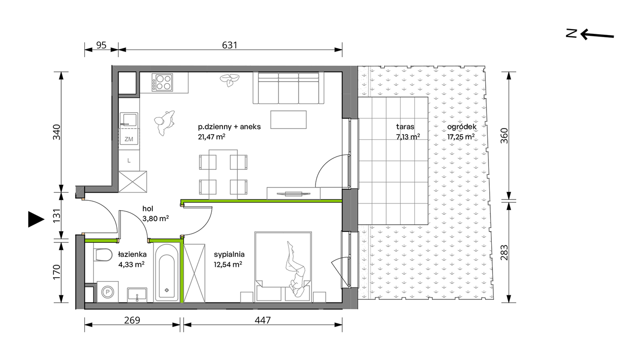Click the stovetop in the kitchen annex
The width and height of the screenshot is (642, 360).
pyautogui.click(x=162, y=82)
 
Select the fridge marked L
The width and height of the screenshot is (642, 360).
pyautogui.click(x=129, y=160)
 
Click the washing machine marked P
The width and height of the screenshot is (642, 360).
pyautogui.click(x=108, y=291)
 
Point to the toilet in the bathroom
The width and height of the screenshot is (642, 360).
pyautogui.click(x=103, y=255)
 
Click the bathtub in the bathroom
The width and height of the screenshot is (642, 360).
pyautogui.click(x=167, y=272)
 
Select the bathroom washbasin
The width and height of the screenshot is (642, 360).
pyautogui.click(x=137, y=294)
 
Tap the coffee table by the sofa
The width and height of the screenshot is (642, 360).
pyautogui.click(x=288, y=120)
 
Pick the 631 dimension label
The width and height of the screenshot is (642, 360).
pyautogui.click(x=229, y=45)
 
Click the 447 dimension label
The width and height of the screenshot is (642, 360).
pyautogui.click(x=263, y=320)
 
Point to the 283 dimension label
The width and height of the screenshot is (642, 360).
pyautogui.click(x=504, y=253)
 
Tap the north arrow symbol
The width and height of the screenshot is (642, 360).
pyautogui.click(x=590, y=34)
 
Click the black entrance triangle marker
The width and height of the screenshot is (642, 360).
pyautogui.click(x=36, y=220)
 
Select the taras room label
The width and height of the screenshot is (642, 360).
pyautogui.click(x=405, y=127)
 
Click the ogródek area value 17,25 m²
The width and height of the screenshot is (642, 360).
pyautogui.click(x=461, y=137)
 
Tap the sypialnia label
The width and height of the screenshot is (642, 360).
pyautogui.click(x=229, y=254)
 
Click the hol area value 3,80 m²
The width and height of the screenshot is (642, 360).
pyautogui.click(x=155, y=218)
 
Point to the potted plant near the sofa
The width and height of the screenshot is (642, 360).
pyautogui.click(x=230, y=80)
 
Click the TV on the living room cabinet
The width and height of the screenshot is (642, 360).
pyautogui.click(x=293, y=194)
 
